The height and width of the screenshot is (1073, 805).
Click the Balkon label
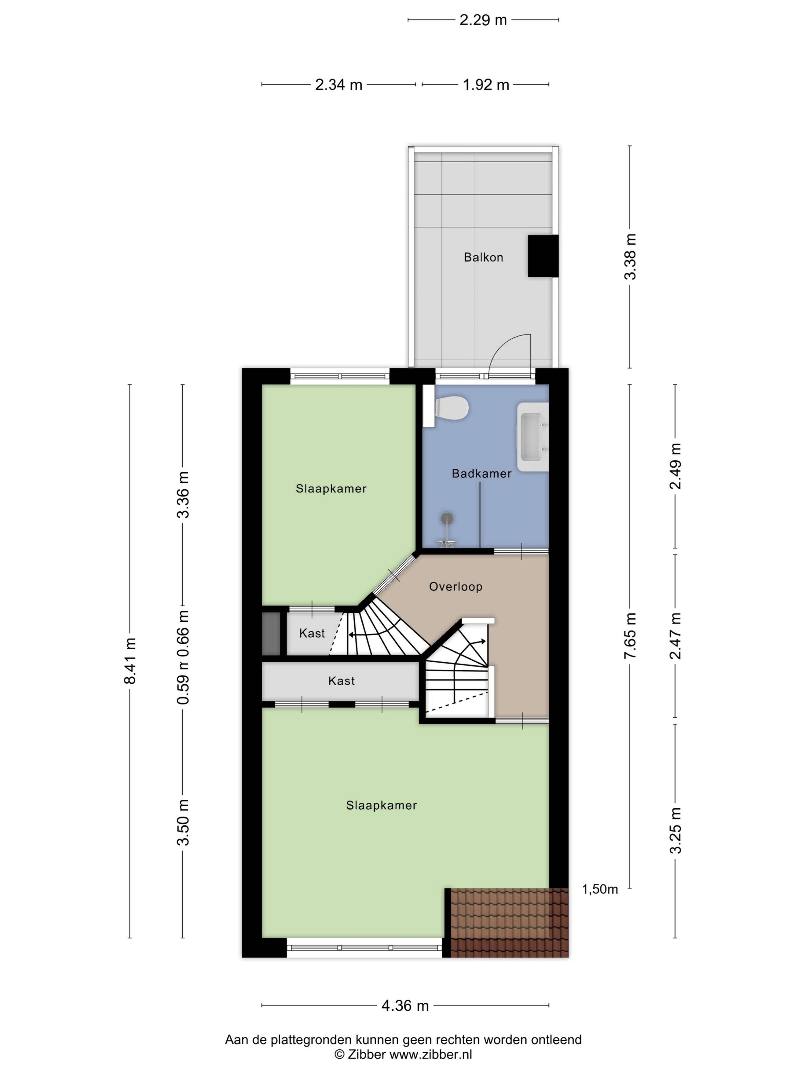point(483,257)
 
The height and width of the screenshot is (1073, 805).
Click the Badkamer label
point(481,473)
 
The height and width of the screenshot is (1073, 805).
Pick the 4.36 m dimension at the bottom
point(405,1006)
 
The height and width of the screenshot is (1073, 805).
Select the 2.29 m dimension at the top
point(483,20)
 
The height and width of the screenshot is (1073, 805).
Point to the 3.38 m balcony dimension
point(630,257)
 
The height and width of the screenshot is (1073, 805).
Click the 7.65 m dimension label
point(630,635)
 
